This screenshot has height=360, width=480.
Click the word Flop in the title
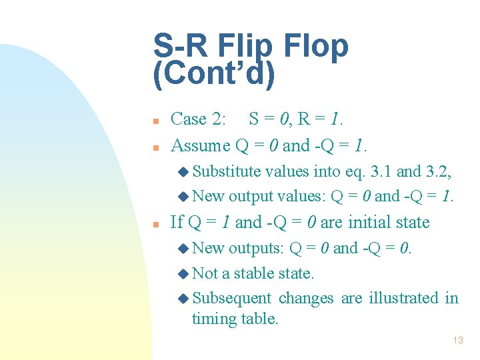[317, 47]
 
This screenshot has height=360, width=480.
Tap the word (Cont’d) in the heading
[213, 75]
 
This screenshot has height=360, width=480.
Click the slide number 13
[457, 340]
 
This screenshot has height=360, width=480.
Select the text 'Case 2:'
[198, 119]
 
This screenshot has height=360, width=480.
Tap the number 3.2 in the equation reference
[438, 171]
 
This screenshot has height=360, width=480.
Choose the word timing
[215, 319]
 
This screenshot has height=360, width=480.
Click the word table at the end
[261, 319]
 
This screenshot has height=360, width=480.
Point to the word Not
[205, 273]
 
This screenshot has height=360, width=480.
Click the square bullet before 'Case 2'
[155, 121]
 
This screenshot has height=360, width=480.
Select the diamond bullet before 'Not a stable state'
[183, 274]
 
